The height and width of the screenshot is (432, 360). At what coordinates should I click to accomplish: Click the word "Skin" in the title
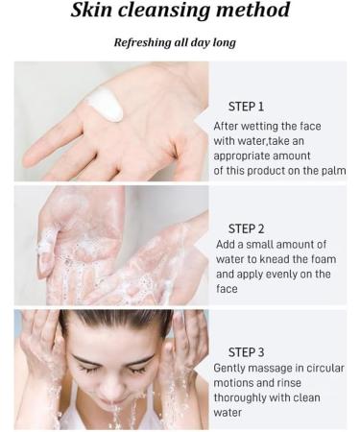[x=91, y=10]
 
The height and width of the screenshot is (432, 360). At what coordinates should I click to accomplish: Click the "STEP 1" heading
[x=246, y=107]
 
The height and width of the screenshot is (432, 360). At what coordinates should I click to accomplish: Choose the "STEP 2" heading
[x=246, y=228]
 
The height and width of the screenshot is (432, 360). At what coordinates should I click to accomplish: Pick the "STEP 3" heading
[x=246, y=352]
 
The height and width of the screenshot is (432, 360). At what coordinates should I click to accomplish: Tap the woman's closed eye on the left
[x=89, y=369]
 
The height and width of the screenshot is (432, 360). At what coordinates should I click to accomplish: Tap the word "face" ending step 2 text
[x=227, y=289]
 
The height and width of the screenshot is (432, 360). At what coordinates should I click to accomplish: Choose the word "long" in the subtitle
[x=225, y=43]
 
